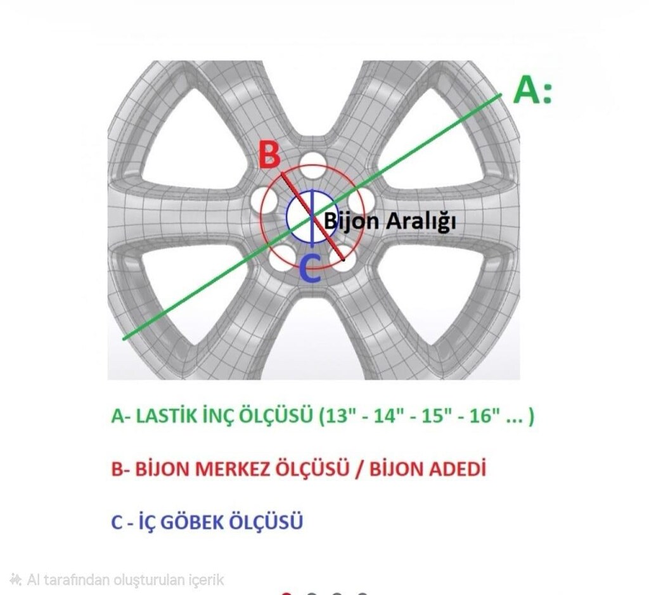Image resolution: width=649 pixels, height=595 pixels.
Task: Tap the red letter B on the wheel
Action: click(269, 155)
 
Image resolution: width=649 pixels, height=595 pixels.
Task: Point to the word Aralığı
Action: click(421, 221)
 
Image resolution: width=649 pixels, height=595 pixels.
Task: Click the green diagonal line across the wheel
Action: click(312, 217)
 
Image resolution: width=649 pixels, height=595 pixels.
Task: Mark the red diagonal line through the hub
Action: click(312, 217)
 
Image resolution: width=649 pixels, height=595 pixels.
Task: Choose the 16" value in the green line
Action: click(484, 416)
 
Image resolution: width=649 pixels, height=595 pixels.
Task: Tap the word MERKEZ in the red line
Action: click(232, 469)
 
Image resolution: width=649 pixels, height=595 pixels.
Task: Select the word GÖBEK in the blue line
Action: click(191, 522)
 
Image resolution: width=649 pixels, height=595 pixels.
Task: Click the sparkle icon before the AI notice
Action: click(16, 579)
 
